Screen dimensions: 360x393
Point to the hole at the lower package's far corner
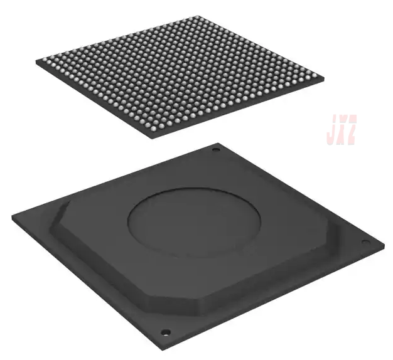coord(216,149)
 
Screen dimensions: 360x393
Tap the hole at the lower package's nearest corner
coord(165,332)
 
